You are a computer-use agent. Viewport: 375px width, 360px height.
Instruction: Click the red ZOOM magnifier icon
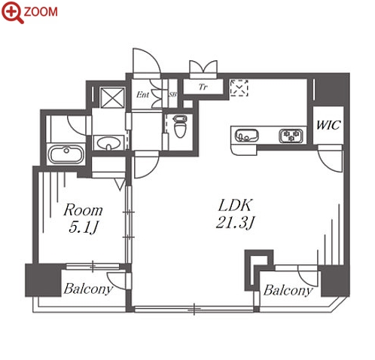click(x=13, y=12)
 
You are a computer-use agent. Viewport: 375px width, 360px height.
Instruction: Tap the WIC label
click(x=328, y=125)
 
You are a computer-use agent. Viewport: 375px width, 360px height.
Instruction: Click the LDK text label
click(x=235, y=206)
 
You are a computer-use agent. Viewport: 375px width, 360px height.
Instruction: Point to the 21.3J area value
click(x=235, y=222)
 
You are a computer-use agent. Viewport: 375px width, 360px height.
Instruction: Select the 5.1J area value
click(x=83, y=227)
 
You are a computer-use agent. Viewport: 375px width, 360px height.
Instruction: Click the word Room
click(x=83, y=210)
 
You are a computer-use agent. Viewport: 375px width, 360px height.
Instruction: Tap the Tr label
click(x=203, y=87)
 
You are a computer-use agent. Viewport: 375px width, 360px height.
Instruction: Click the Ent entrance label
click(x=142, y=95)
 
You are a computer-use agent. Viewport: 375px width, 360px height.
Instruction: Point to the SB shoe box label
click(x=172, y=95)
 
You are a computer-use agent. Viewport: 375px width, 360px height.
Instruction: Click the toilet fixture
click(x=180, y=127)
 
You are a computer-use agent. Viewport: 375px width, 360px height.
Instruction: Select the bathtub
click(x=66, y=154)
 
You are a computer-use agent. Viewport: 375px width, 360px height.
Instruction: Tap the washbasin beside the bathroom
click(x=108, y=143)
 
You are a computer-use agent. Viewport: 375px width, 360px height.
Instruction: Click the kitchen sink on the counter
click(x=246, y=136)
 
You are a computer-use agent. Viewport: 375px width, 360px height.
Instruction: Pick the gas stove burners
click(x=291, y=136)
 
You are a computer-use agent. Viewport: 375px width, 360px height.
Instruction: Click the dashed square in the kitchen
click(x=239, y=88)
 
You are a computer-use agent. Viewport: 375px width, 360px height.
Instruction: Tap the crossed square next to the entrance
click(x=112, y=97)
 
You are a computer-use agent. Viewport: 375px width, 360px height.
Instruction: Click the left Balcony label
click(x=88, y=289)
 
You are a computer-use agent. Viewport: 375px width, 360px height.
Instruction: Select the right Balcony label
click(x=288, y=291)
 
